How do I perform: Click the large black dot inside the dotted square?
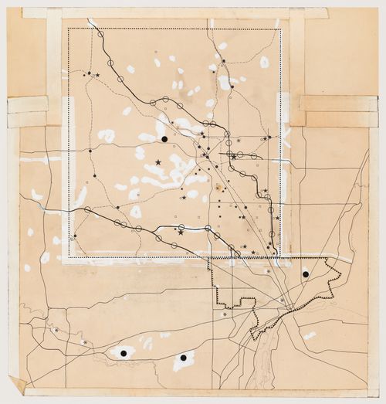tap(164, 139)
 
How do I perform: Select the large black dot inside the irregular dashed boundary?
tap(306, 273)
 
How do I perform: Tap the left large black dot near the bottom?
tap(123, 353)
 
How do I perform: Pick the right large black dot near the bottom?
tap(183, 358)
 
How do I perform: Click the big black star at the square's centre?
tap(158, 162)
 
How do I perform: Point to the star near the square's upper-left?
tap(97, 75)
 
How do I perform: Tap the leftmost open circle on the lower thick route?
tap(88, 209)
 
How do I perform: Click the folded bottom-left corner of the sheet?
tap(16, 384)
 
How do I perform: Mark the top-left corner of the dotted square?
tap(69, 30)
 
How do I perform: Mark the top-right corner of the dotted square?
tap(279, 30)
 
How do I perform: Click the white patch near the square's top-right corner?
tap(265, 62)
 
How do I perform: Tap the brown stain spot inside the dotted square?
tap(219, 187)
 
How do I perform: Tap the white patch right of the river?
tap(310, 335)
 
